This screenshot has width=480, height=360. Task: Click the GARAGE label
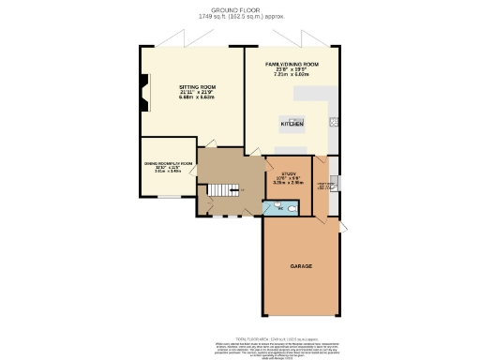point(301,266)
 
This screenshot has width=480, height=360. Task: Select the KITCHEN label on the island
point(292,124)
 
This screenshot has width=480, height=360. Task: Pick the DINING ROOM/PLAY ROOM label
point(168,164)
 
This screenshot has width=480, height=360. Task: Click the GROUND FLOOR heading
point(241,9)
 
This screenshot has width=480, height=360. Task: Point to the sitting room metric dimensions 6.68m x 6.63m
point(198,97)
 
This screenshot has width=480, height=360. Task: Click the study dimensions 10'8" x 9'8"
point(289,178)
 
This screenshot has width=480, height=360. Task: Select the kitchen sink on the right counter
point(334,121)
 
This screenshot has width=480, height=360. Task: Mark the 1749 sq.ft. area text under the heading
point(241,16)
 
